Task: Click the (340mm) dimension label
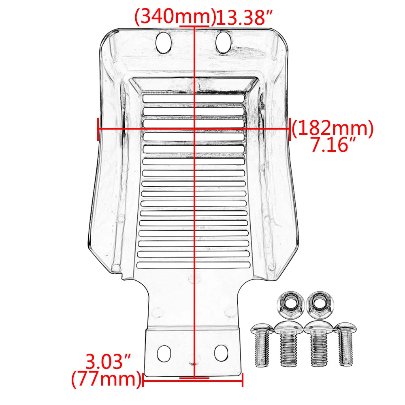[x=175, y=17]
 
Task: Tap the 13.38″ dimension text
[x=244, y=17]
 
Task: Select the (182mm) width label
[x=333, y=128]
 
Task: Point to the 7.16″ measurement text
[x=333, y=145]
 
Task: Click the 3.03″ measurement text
[x=108, y=362]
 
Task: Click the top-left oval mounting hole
[x=163, y=43]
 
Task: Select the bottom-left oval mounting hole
[x=164, y=353]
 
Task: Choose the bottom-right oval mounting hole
[x=221, y=353]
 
